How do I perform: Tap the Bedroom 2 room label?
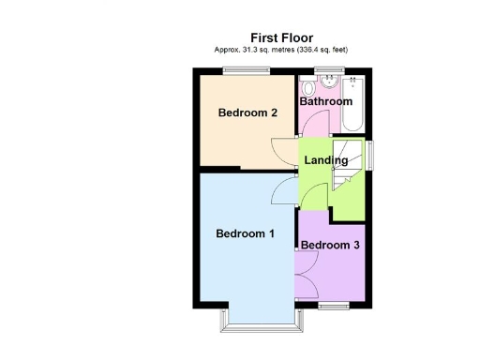click(247, 113)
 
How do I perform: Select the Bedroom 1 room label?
click(245, 233)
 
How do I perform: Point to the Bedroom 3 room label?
click(330, 246)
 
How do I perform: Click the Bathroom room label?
click(325, 101)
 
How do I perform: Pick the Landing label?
click(325, 160)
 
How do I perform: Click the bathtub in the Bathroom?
click(354, 105)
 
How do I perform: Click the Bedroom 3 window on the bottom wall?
click(332, 306)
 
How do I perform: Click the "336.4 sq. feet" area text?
click(328, 50)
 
